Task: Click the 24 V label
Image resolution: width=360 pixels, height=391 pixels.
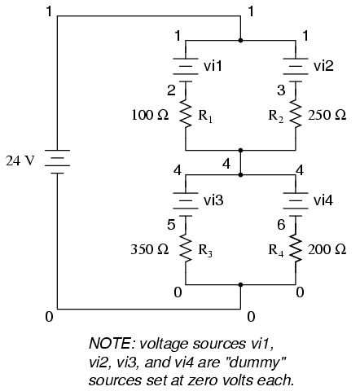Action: [22, 159]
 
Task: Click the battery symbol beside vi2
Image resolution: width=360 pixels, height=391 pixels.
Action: [293, 64]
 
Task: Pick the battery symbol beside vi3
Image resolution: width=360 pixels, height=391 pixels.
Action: [186, 198]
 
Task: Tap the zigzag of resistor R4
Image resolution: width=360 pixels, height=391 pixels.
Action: [293, 249]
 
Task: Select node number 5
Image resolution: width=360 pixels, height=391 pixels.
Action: [171, 223]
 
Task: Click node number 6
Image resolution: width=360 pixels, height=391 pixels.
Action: [281, 223]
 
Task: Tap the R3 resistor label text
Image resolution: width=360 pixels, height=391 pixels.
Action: [207, 250]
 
